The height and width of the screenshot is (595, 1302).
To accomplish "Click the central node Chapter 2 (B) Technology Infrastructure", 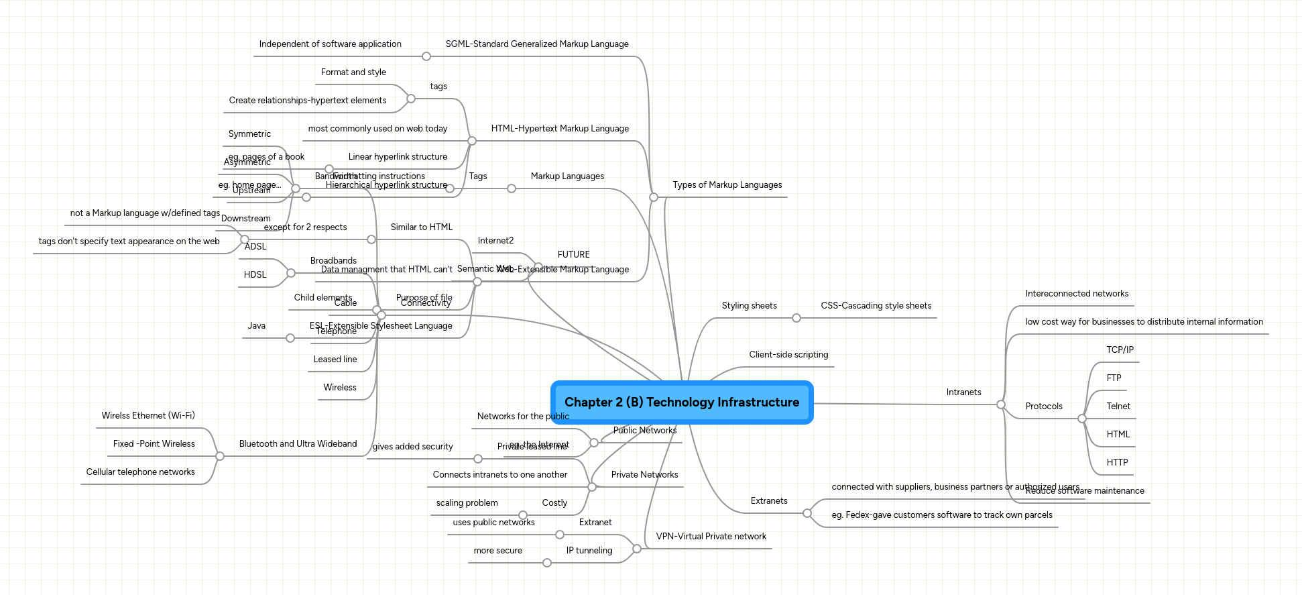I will pos(682,402).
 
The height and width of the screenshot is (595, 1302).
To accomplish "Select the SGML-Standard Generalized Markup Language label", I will pos(537,44).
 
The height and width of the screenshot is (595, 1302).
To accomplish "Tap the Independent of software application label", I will pos(330,44).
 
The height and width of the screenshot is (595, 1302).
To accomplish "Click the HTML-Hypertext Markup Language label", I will pos(560,129).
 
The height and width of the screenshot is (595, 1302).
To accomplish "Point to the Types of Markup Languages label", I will pos(727,185).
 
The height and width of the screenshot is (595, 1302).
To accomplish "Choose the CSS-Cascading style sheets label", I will pos(876,306).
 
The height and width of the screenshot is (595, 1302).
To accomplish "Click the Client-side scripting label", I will pos(788,355).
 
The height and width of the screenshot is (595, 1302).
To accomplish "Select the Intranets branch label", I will pos(963,392).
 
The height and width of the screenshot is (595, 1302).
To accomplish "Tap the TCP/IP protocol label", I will pos(1120,350).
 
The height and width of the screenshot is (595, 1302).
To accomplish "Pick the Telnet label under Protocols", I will pos(1118,407).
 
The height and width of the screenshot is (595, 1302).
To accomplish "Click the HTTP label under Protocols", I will pos(1117,463).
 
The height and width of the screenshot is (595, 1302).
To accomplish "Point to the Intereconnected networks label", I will pos(1076,294).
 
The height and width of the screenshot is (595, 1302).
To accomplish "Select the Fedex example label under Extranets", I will pos(941,515).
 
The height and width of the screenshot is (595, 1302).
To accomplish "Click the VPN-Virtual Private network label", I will pos(711,537).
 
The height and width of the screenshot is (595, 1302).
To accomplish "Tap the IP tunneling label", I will pos(589,551).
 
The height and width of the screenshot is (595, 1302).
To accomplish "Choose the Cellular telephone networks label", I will pos(140,472).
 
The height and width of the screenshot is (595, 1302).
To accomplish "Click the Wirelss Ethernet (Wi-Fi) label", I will pos(148,416).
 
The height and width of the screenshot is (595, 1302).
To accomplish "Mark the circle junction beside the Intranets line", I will pos(1000,404).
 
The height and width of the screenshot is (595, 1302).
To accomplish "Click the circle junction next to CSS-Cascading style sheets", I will pos(796,318).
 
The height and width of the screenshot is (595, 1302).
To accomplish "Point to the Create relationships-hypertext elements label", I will pos(307,101).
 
